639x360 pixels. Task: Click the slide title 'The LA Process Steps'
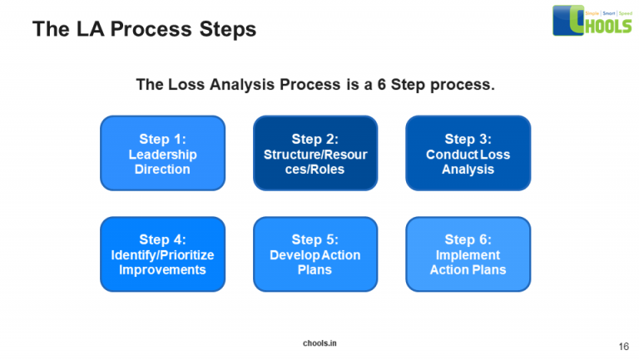tap(144, 30)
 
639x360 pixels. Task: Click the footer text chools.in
tap(319, 343)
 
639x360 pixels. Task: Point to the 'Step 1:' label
tap(162, 139)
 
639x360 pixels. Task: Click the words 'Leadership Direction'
tap(162, 162)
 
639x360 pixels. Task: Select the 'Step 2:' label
tap(315, 139)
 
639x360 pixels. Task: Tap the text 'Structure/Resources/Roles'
tap(315, 162)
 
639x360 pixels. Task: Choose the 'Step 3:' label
tap(468, 139)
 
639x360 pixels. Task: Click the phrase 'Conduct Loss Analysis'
tap(468, 162)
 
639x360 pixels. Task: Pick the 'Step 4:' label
tap(162, 239)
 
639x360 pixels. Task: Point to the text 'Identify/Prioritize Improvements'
tap(162, 263)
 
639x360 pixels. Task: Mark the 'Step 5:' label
tap(315, 239)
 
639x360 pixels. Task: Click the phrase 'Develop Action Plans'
tap(315, 263)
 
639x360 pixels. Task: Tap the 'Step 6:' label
tap(468, 239)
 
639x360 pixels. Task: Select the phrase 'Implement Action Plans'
tap(468, 263)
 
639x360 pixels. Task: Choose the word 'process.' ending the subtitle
tap(463, 85)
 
